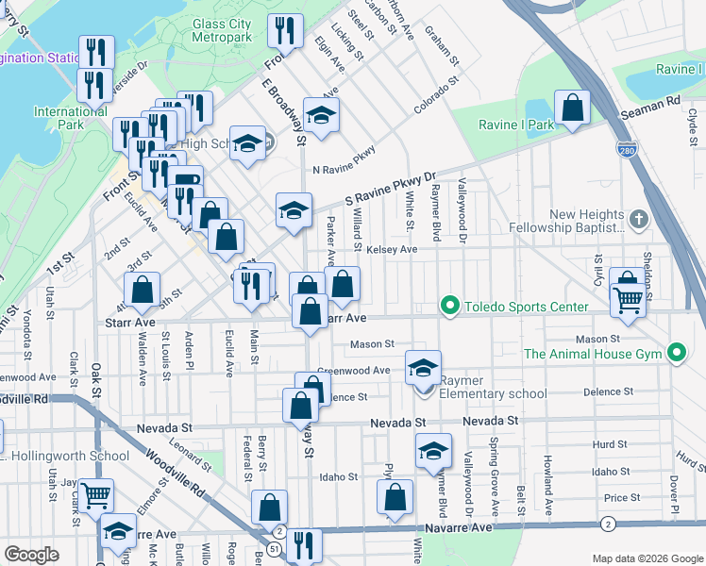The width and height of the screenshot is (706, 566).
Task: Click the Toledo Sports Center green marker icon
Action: pyautogui.click(x=449, y=307)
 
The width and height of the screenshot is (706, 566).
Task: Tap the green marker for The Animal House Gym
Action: pyautogui.click(x=676, y=354)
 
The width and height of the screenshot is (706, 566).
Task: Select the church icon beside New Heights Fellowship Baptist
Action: pyautogui.click(x=639, y=220)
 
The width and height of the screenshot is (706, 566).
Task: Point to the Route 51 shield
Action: pyautogui.click(x=274, y=548)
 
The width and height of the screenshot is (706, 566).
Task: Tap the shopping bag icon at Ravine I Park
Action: pyautogui.click(x=572, y=109)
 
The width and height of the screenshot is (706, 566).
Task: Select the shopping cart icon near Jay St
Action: pyautogui.click(x=95, y=494)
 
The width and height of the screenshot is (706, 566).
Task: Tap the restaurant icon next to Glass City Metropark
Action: pyautogui.click(x=284, y=30)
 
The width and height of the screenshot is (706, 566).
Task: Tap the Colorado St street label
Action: pyautogui.click(x=435, y=96)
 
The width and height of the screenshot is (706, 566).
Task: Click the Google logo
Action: pyautogui.click(x=32, y=555)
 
